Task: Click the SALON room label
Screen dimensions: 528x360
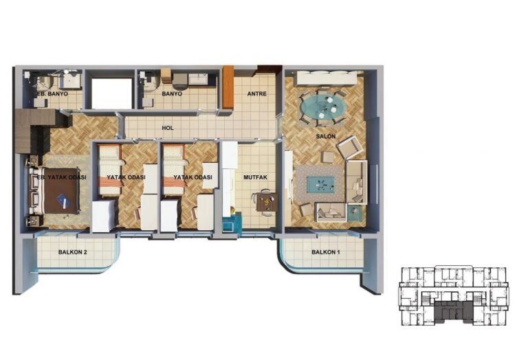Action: (x=326, y=137)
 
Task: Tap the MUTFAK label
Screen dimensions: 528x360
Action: (x=255, y=177)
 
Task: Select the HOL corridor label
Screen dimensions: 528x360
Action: (x=168, y=128)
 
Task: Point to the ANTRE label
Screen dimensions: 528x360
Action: (x=257, y=94)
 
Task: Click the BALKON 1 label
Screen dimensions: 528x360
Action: (x=323, y=252)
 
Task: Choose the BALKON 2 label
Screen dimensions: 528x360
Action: (x=73, y=252)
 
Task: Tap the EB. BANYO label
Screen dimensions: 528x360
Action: (x=52, y=94)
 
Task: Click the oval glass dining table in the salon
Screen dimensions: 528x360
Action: (x=323, y=106)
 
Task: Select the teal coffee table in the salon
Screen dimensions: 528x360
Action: (x=320, y=185)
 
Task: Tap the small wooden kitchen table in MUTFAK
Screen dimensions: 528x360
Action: (x=267, y=202)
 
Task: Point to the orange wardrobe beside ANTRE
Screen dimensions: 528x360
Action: (x=228, y=87)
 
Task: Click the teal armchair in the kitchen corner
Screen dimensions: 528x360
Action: (x=232, y=222)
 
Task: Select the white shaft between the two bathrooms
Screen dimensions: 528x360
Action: (x=111, y=93)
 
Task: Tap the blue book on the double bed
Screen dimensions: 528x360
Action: (x=64, y=201)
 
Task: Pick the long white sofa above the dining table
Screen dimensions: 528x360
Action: (x=327, y=79)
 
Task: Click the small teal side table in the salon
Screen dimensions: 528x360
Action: (x=355, y=213)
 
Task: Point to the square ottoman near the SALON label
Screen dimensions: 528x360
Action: (x=327, y=157)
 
